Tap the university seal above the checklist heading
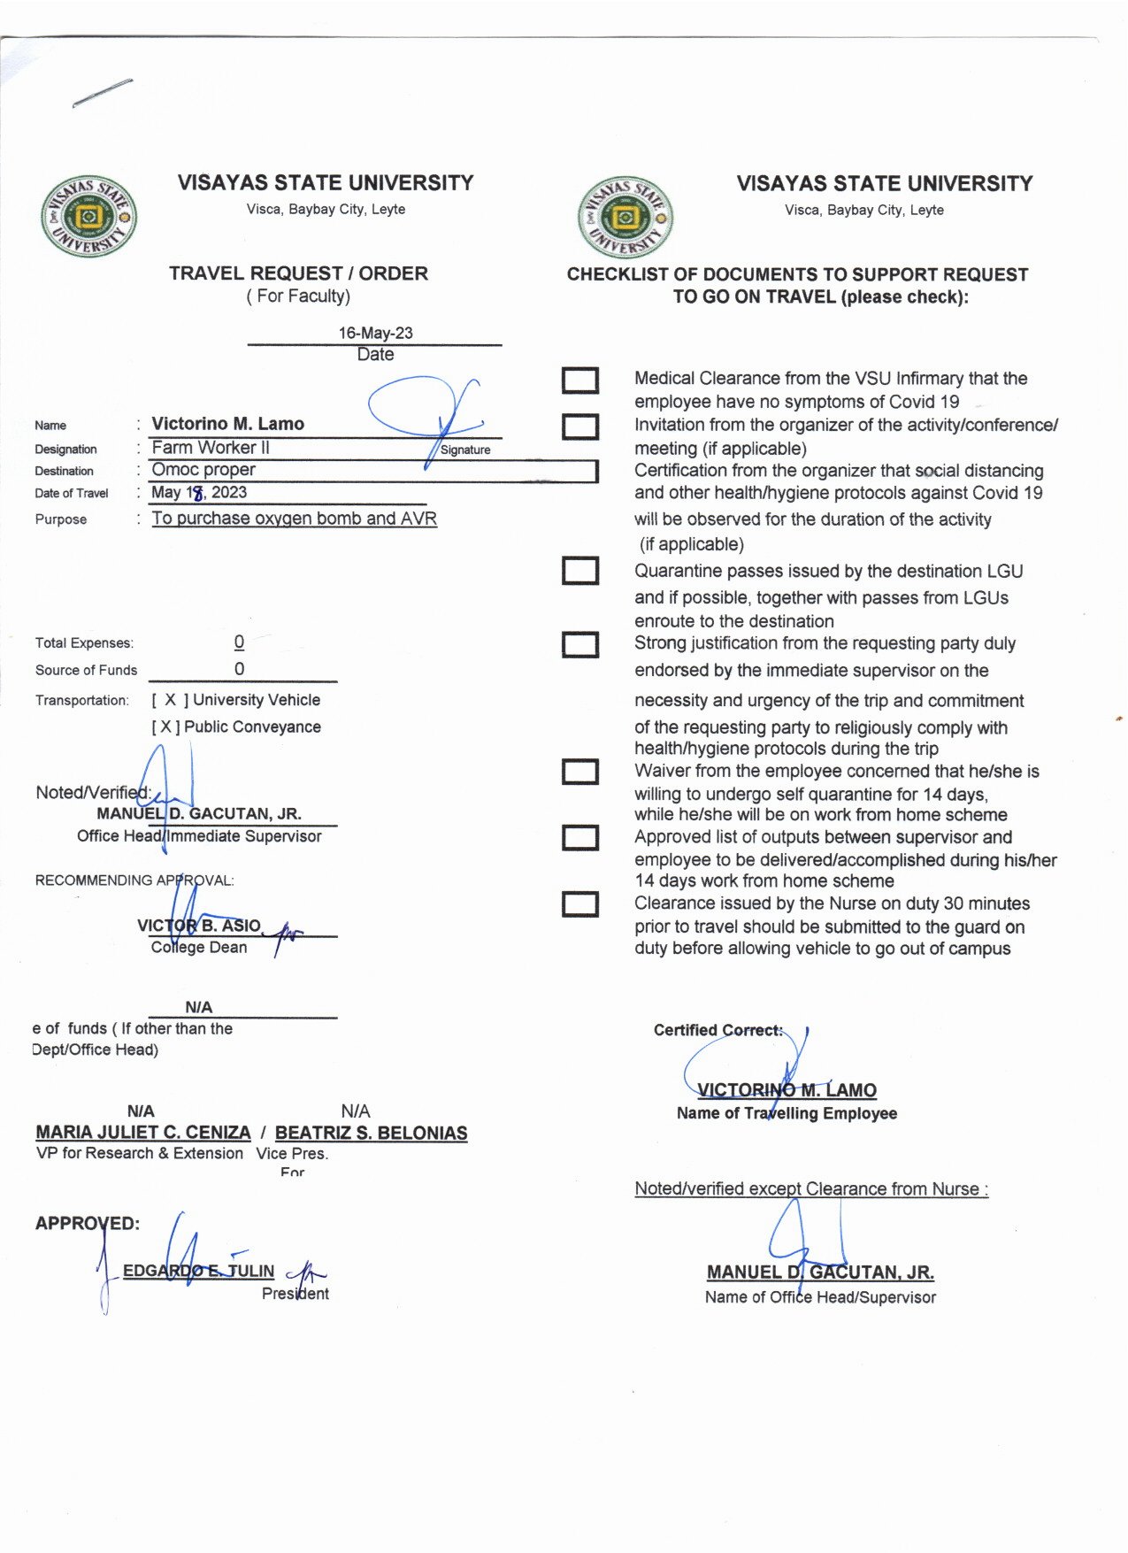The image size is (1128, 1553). point(625,218)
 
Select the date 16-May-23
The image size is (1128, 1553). point(375,333)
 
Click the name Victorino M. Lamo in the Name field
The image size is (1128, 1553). point(227,424)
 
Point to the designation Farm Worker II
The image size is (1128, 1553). point(211,448)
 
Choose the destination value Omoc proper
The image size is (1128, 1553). point(203,470)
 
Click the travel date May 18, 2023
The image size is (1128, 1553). point(199,493)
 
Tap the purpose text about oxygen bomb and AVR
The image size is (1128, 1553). point(294,519)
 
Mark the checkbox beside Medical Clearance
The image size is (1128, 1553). point(580,381)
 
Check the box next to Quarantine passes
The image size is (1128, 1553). point(580,571)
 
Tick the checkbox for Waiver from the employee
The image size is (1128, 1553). point(580,772)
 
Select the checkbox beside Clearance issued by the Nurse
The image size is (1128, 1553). point(580,904)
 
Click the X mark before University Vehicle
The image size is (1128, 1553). point(171,700)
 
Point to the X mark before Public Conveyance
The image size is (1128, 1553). point(165,727)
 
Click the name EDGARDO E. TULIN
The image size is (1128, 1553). point(198,1272)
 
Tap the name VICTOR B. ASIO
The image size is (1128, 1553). point(199,926)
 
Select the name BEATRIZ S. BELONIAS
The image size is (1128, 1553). point(371,1133)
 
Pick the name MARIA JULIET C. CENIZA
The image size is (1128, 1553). point(143,1133)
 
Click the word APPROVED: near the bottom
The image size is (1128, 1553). point(88,1224)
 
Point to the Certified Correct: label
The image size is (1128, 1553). point(717,1030)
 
